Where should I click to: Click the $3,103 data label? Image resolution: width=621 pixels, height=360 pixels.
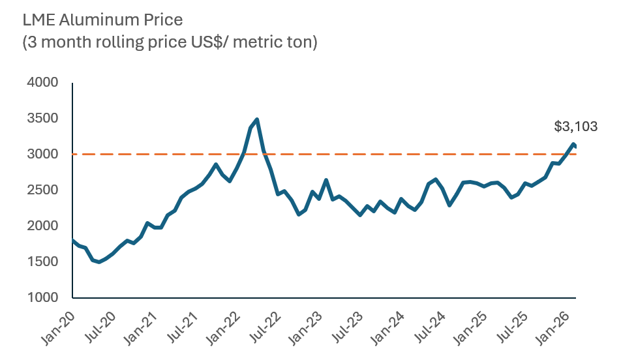pos(575,127)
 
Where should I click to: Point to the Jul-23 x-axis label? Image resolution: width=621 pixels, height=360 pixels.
pos(345,324)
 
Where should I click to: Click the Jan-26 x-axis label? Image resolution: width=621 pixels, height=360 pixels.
pos(555,324)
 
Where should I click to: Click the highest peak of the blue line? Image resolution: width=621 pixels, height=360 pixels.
pos(257,119)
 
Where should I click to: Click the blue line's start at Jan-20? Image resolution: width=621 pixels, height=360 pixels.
pos(73,240)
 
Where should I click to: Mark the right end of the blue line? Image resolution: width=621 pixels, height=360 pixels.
pos(575,147)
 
